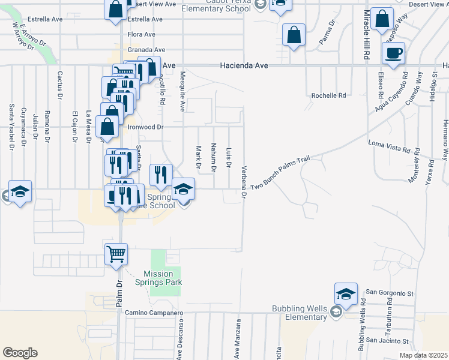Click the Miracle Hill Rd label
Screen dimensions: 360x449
[x=366, y=34]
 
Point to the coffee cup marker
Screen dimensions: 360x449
[x=393, y=53]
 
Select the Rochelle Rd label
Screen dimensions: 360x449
[x=328, y=95]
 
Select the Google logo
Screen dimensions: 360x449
[x=19, y=353]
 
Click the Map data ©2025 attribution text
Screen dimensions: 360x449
[x=423, y=355]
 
